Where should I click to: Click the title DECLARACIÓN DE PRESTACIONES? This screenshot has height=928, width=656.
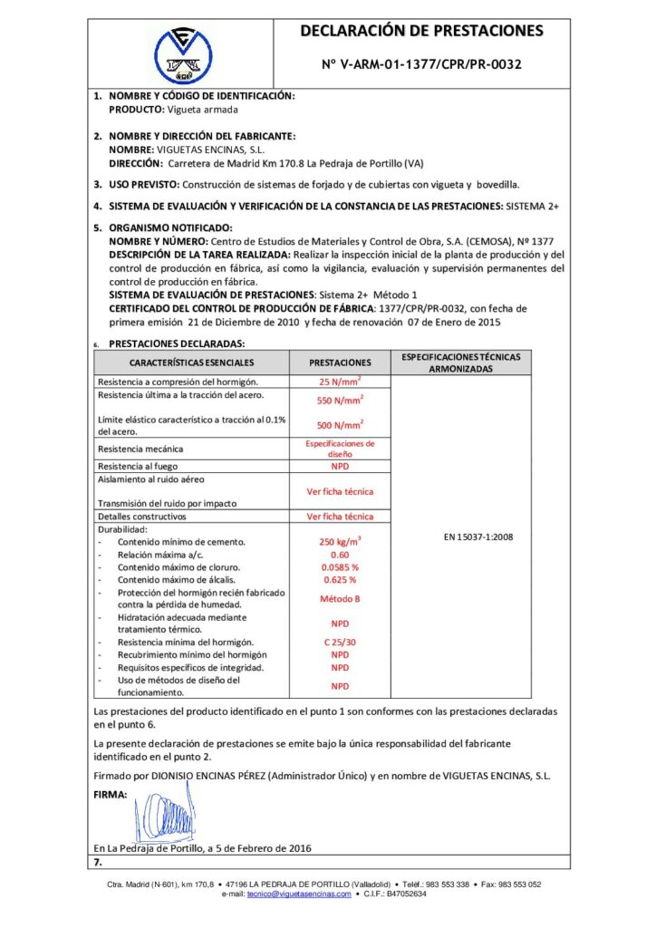pos(422,32)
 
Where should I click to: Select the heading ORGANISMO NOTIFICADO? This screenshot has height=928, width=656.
pos(170,227)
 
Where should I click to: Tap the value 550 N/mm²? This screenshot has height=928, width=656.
pos(340,400)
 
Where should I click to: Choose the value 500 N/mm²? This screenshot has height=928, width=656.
pos(340,425)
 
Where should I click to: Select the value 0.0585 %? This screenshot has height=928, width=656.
pos(340,566)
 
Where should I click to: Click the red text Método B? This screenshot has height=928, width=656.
pos(340,598)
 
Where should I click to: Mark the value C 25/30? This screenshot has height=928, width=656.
pos(340,642)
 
